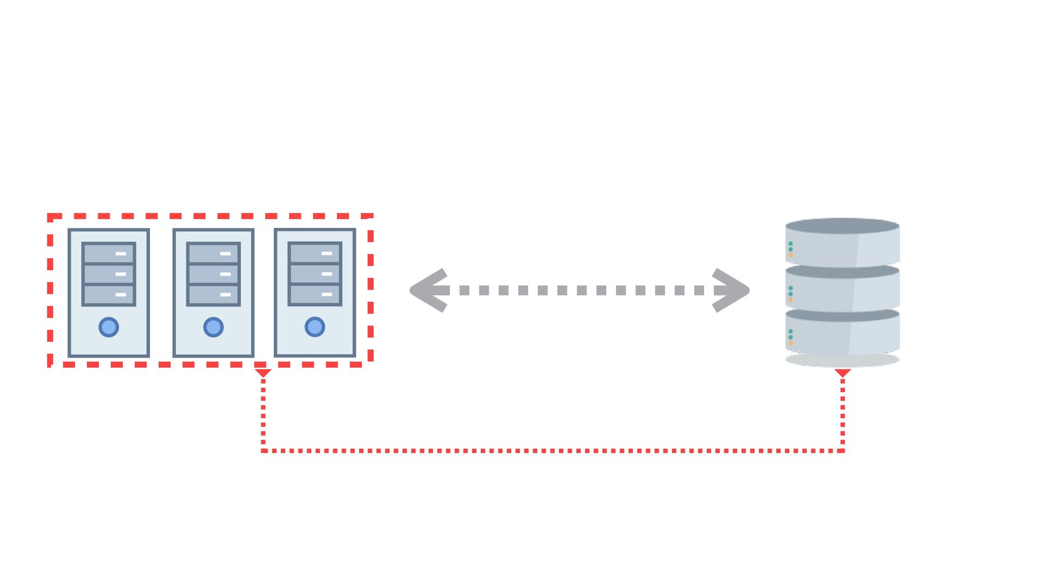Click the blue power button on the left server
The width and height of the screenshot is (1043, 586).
[109, 327]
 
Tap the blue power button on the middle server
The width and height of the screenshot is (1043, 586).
[213, 327]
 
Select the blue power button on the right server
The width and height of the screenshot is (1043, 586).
[315, 327]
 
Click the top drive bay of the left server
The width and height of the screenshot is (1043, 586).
[109, 253]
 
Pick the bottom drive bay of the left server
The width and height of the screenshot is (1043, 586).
[109, 295]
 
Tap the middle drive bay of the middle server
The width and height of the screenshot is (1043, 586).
[213, 274]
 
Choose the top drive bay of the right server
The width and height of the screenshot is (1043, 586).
[315, 253]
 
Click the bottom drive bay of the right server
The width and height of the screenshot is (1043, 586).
[315, 294]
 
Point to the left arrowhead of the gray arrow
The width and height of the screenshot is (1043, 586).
[426, 290]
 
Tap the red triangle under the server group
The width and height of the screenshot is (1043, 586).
[263, 373]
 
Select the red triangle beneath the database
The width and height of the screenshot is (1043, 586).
[843, 373]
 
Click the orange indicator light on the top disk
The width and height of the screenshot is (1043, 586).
[790, 255]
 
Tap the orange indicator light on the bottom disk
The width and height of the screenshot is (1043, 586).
[790, 343]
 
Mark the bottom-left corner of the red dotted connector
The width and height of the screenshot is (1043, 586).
[263, 450]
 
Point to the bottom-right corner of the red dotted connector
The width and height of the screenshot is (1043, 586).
[843, 450]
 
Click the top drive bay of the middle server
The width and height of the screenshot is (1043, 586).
[213, 253]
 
